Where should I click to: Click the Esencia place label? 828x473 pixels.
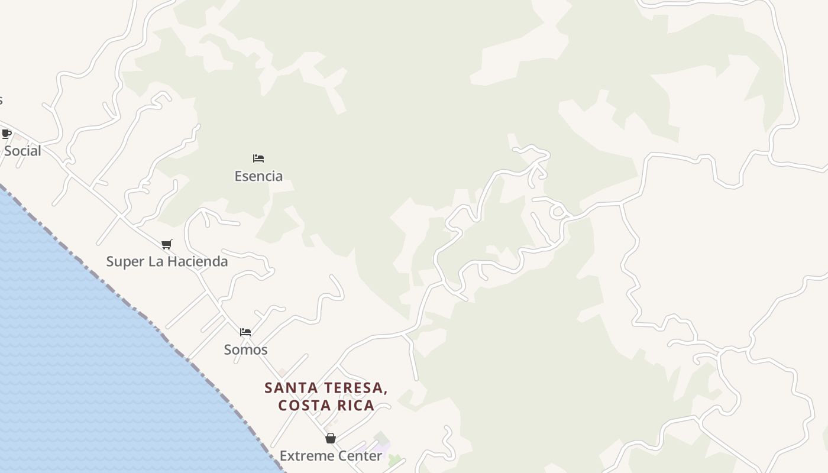click(258, 176)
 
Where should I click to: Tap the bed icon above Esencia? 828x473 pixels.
click(258, 158)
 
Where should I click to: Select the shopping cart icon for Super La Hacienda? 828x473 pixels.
click(167, 244)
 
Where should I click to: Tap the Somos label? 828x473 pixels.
click(245, 349)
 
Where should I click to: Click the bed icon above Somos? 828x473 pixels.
click(245, 332)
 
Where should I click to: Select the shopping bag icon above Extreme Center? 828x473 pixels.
click(331, 438)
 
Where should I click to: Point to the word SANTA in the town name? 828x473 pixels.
click(287, 388)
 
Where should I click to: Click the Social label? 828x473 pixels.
click(22, 151)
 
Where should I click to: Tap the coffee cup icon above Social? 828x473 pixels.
click(7, 134)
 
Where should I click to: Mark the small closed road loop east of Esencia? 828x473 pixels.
click(557, 211)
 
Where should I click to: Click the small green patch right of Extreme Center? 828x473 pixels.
click(394, 459)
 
